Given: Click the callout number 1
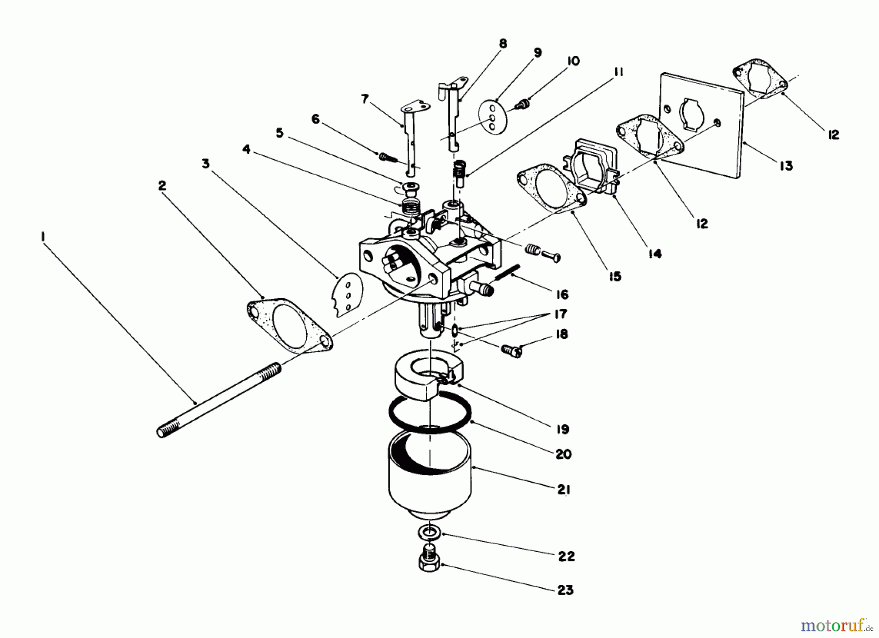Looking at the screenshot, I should click(x=43, y=236).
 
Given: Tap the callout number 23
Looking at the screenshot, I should click(x=565, y=590).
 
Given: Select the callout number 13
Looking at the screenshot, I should click(x=786, y=166).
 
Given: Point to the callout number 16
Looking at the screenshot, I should click(x=562, y=294).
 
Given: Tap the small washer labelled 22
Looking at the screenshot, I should click(x=430, y=532).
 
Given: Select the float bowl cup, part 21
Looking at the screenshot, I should click(x=430, y=481).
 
